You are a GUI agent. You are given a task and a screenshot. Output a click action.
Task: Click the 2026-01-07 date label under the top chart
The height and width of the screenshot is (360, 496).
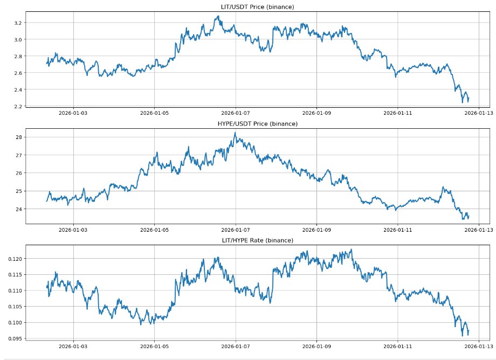tap(236, 114)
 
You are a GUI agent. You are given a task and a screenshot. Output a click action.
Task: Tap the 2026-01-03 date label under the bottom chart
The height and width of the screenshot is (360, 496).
tap(73, 347)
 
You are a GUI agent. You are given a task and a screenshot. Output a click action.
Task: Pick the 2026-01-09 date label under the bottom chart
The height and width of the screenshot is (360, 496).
tap(316, 347)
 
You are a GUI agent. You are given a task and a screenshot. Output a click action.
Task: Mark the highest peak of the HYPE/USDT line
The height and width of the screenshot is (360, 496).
tap(235, 133)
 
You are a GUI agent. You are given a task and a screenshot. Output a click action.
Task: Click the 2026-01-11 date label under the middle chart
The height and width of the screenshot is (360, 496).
tap(397, 230)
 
